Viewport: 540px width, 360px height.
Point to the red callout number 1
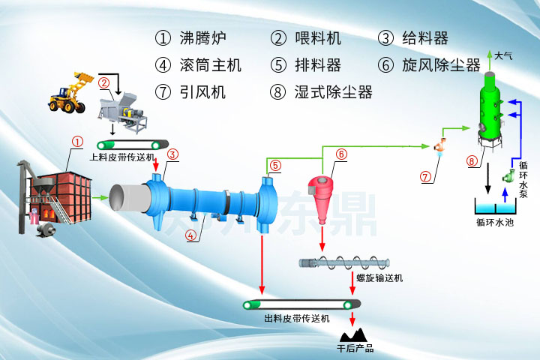click(x=76, y=141)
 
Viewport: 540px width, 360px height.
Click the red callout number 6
click(x=341, y=154)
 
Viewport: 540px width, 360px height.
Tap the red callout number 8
click(x=472, y=160)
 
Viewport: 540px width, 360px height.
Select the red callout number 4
click(x=190, y=235)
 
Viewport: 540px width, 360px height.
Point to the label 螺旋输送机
click(x=379, y=278)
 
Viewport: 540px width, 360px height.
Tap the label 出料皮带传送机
click(x=296, y=319)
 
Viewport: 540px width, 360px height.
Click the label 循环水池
click(x=494, y=222)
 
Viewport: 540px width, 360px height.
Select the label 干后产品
click(x=355, y=349)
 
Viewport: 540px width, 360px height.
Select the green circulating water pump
click(x=509, y=177)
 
